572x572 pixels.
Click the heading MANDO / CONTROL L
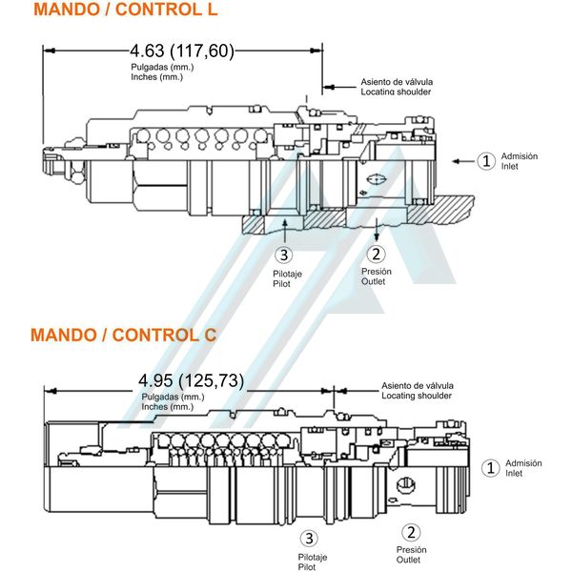125,10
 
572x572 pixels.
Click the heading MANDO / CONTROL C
123,335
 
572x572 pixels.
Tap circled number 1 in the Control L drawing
486,161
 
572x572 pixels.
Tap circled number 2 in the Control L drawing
377,254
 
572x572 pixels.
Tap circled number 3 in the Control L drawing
283,255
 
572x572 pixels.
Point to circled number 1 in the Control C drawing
490,467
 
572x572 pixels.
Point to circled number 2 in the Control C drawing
411,533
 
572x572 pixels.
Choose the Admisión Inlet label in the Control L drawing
520,161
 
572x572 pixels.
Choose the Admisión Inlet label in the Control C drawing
523,467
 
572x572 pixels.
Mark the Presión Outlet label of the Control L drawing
376,276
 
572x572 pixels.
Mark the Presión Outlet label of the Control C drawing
411,555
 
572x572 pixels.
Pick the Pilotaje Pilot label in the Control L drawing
287,278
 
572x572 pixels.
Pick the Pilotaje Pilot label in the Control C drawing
313,562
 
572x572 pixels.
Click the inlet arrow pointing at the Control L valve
462,162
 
